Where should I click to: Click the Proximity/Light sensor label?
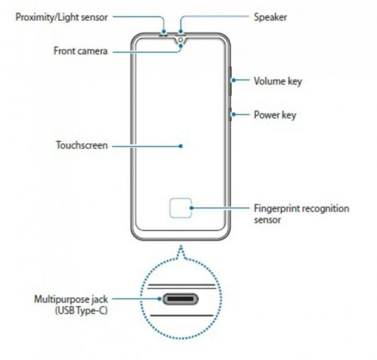point(61,17)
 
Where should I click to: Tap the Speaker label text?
point(270,17)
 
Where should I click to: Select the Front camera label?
point(80,51)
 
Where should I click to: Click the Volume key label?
point(278,81)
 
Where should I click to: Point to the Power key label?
point(275,115)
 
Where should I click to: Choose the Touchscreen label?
point(82,145)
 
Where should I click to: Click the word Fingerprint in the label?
point(277,209)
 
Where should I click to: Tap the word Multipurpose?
point(62,300)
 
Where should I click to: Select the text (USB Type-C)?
point(81,311)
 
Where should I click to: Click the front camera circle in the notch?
point(181,39)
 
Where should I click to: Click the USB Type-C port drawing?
point(180,299)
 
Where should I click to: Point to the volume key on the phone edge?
point(230,81)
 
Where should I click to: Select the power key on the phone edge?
point(230,114)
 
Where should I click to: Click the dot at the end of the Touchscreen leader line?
point(181,146)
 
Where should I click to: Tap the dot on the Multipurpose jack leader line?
point(159,299)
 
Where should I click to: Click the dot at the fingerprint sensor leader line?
point(191,208)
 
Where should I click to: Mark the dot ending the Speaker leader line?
point(180,31)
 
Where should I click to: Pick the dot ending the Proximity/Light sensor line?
point(164,31)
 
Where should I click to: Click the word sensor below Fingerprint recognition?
point(267,220)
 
